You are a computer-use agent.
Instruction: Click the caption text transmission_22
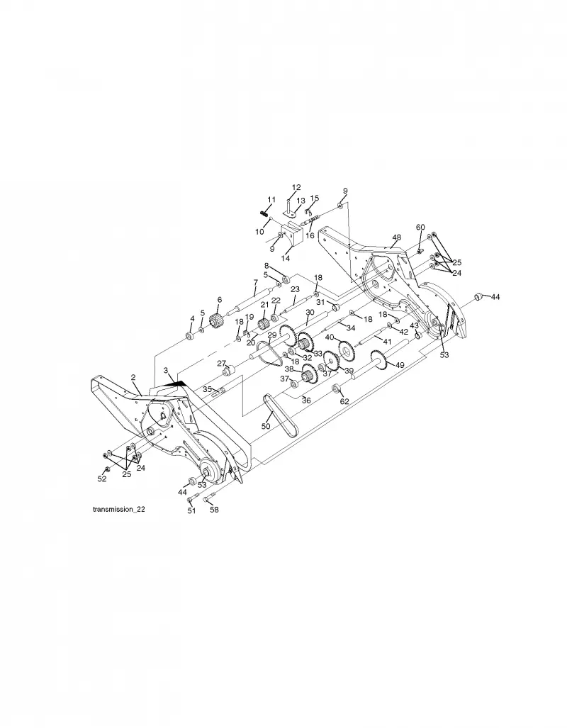(119, 510)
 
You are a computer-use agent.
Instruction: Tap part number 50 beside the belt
(266, 426)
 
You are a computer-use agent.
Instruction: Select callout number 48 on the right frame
(396, 237)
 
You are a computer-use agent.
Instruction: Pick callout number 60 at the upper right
(420, 228)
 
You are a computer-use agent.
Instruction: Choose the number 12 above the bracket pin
(296, 188)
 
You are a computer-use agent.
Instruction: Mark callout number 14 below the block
(285, 258)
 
